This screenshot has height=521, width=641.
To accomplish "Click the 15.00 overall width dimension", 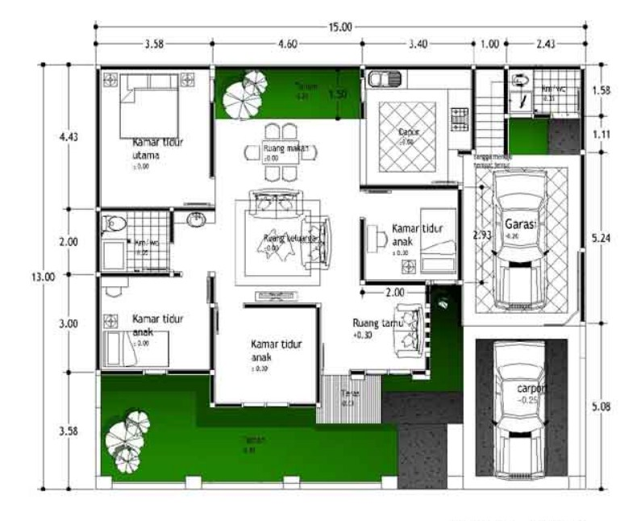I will [339, 27].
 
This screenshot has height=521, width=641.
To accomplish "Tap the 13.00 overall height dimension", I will [43, 276].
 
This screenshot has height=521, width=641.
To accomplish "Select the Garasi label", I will [521, 223].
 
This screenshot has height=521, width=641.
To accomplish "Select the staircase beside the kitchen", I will [486, 109].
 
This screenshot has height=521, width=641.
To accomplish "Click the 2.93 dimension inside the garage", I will [481, 235].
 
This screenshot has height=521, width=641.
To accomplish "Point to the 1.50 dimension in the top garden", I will [337, 94].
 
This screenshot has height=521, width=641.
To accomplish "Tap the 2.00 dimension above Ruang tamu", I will [394, 292].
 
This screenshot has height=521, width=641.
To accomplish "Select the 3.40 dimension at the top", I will [417, 44].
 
